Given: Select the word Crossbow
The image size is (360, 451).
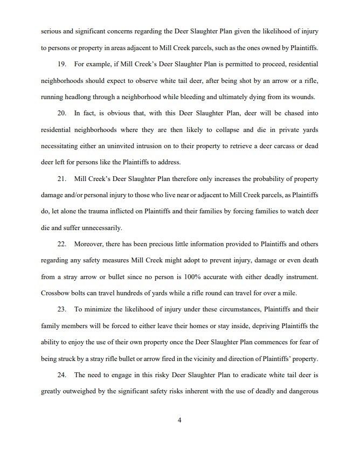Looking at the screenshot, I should point(56,294).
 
